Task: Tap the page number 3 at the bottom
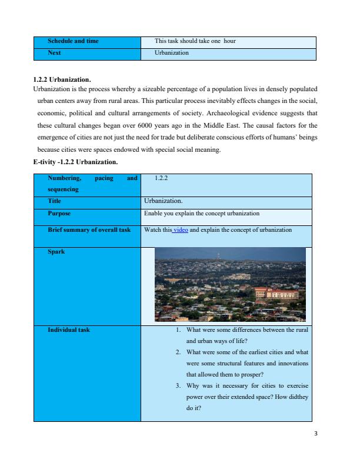point(316,435)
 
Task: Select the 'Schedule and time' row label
point(74,41)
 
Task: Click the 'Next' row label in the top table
point(55,53)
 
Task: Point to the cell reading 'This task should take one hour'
point(195,41)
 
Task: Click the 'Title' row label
point(54,201)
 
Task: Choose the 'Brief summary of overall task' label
point(89,230)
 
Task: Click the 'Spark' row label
point(56,252)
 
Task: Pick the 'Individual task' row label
point(69,330)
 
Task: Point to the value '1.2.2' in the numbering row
point(161,177)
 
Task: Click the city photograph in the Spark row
point(230,284)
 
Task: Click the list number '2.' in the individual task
point(178,352)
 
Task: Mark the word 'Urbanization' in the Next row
point(171,53)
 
